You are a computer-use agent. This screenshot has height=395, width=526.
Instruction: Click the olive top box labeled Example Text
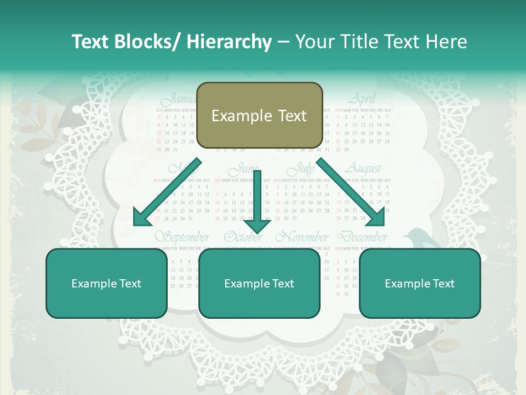tap(259, 115)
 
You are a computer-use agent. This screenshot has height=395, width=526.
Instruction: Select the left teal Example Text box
tap(106, 283)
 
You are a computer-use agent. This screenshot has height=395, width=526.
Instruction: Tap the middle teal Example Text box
tap(259, 283)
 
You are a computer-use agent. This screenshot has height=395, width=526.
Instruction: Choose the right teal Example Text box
tap(420, 283)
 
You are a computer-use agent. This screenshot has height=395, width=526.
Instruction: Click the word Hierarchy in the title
tap(229, 42)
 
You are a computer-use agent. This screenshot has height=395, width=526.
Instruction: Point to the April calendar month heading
tap(362, 99)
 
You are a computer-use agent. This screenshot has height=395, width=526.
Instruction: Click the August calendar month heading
tap(362, 168)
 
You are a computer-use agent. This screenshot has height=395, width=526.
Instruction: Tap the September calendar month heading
tap(182, 238)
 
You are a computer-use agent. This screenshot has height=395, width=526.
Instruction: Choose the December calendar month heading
tap(362, 238)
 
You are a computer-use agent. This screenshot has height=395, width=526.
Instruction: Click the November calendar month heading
tap(302, 238)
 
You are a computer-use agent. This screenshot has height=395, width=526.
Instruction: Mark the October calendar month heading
tap(243, 238)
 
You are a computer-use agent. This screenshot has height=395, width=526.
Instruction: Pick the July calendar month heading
tap(302, 168)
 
